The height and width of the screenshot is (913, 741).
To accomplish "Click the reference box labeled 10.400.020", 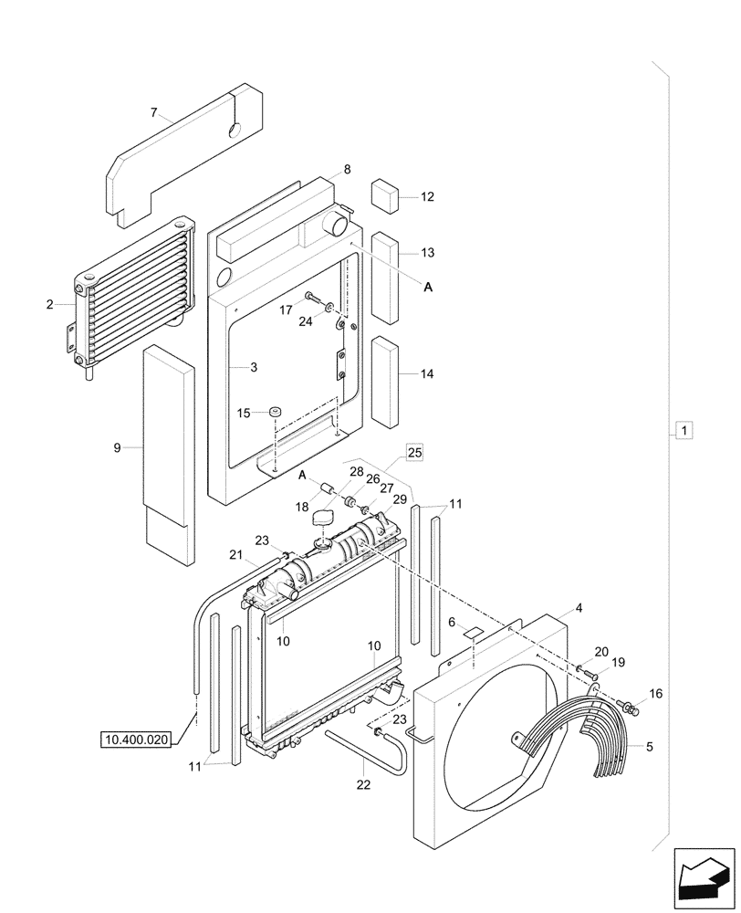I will pos(136,740).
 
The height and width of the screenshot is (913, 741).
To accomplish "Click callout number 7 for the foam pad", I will pos(155,113).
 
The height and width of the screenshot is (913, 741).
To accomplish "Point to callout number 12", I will pos(428,196).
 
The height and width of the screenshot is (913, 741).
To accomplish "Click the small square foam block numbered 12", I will pos(382,195).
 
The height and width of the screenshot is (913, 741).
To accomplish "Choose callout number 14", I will pos(428,373).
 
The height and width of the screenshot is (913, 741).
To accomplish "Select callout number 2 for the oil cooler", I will pos(49,304).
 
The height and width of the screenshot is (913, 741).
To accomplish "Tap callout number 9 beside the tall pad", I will pos(117,447).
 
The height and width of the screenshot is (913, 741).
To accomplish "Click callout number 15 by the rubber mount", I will pos(244,414).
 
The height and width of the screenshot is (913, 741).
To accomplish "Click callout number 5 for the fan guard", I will pos(649,747).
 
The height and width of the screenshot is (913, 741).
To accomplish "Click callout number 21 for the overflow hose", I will pos(235,556).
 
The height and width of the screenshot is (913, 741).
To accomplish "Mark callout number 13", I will pos(428,253).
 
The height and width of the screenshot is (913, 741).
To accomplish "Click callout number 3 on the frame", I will pos(254,367).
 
